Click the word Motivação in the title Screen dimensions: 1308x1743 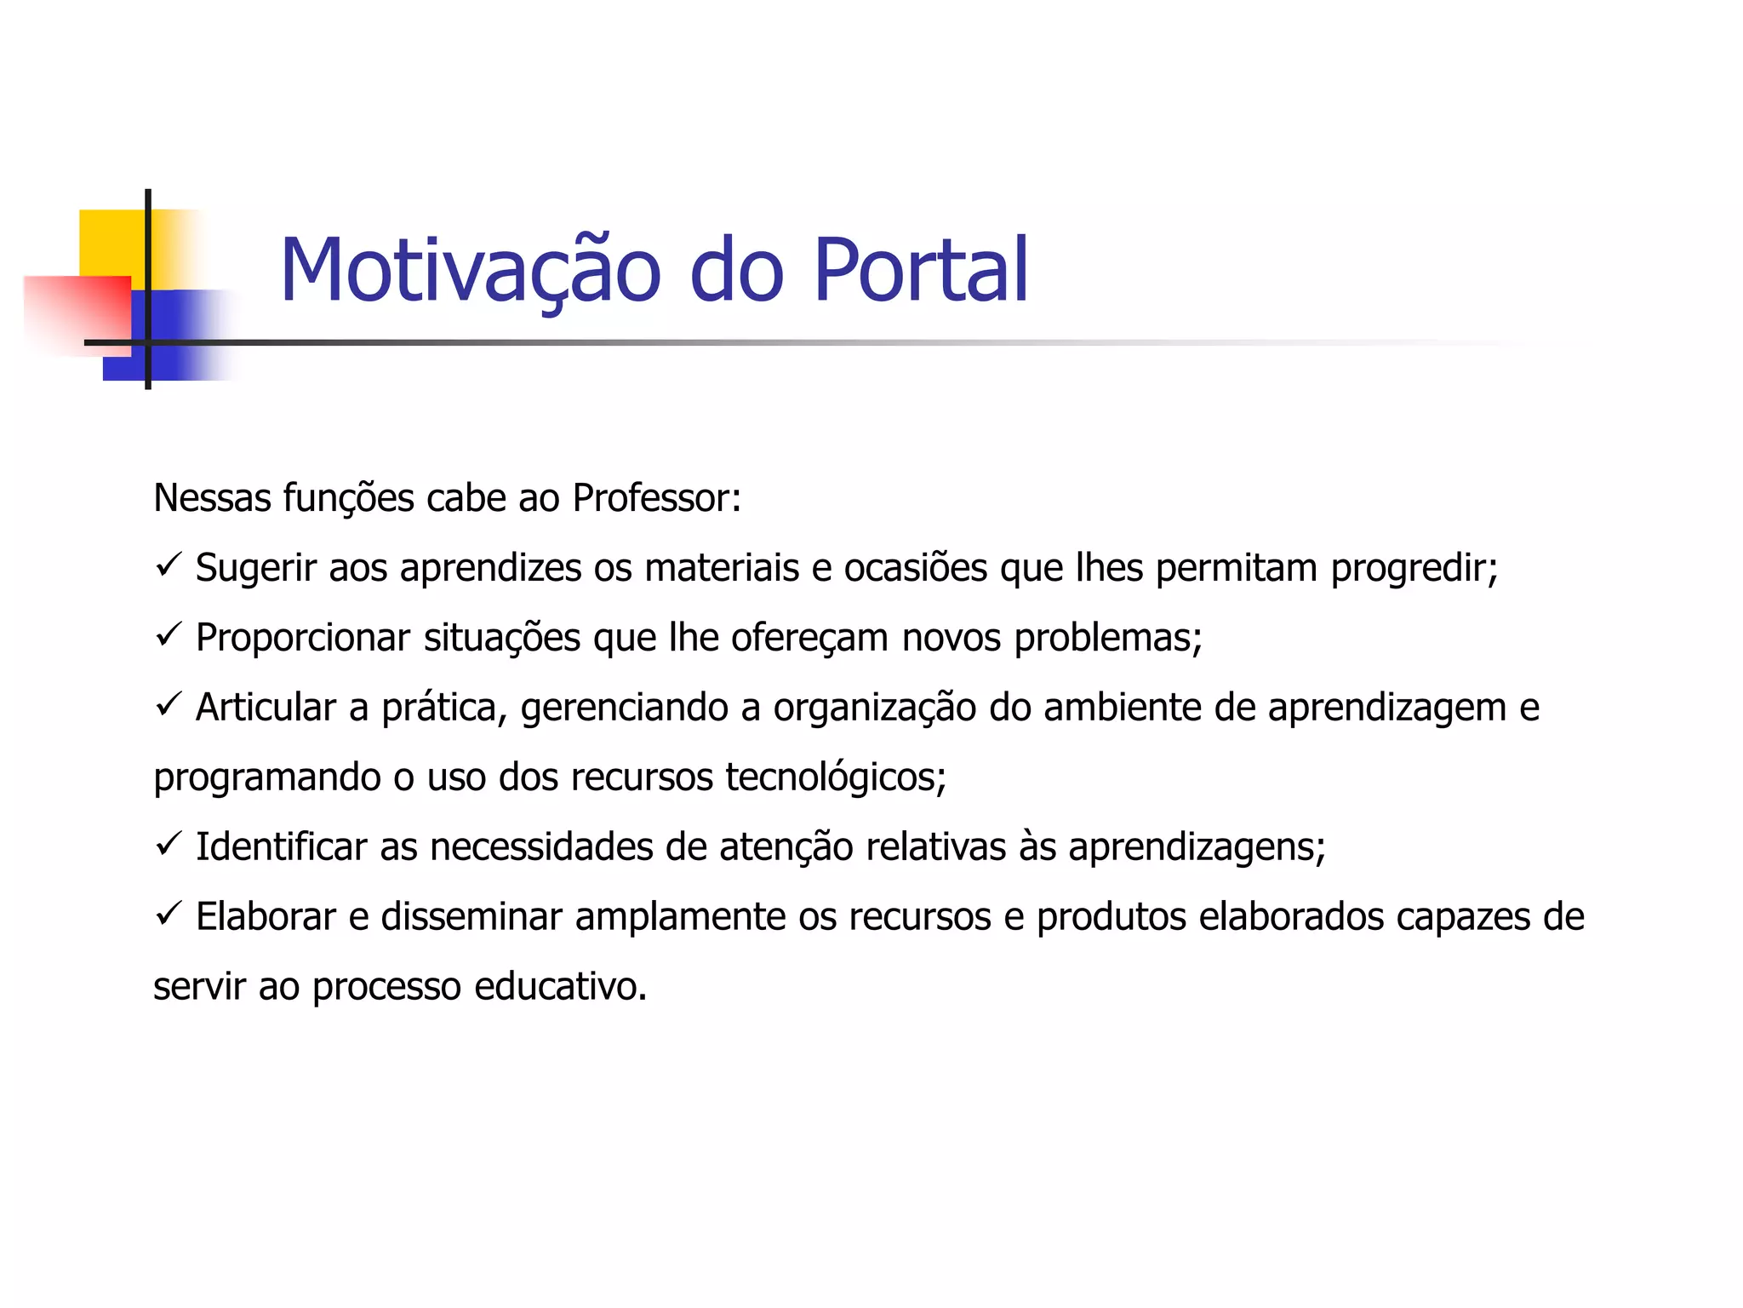click(470, 271)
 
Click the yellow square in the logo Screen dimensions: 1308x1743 click(111, 243)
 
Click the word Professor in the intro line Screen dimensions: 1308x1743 click(650, 498)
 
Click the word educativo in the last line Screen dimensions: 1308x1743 click(560, 988)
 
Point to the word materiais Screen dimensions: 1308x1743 click(722, 569)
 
